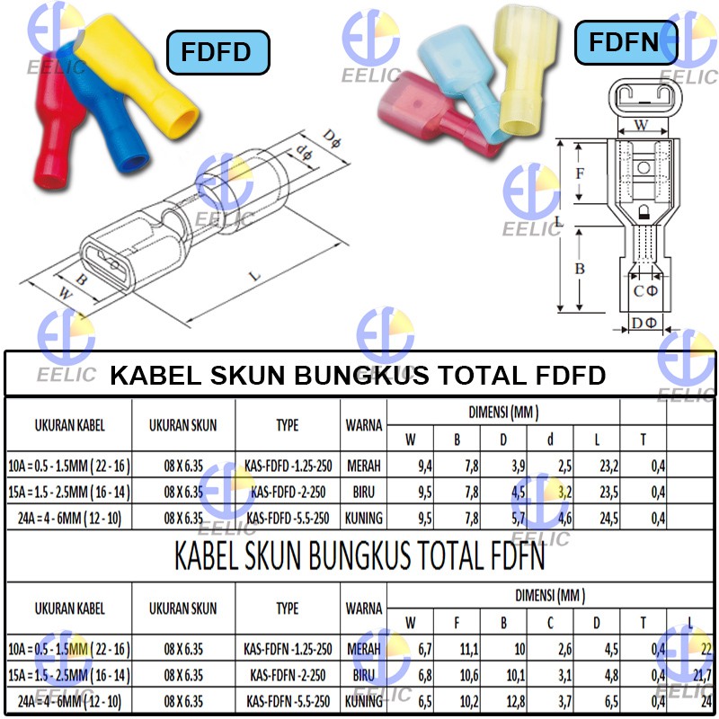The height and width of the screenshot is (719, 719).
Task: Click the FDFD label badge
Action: [217, 51]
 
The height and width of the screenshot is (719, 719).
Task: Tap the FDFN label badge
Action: [623, 42]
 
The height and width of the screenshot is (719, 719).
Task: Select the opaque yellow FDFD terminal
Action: [144, 72]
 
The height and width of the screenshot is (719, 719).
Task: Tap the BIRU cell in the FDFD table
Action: [364, 492]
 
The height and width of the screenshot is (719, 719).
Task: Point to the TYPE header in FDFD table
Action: [287, 425]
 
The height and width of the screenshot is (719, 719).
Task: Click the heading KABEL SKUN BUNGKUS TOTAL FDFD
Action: [358, 375]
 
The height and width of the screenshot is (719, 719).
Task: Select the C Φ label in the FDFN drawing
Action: [645, 291]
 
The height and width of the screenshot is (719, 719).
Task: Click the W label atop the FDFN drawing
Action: [641, 126]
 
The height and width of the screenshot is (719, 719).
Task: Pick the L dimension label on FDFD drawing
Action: [255, 276]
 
